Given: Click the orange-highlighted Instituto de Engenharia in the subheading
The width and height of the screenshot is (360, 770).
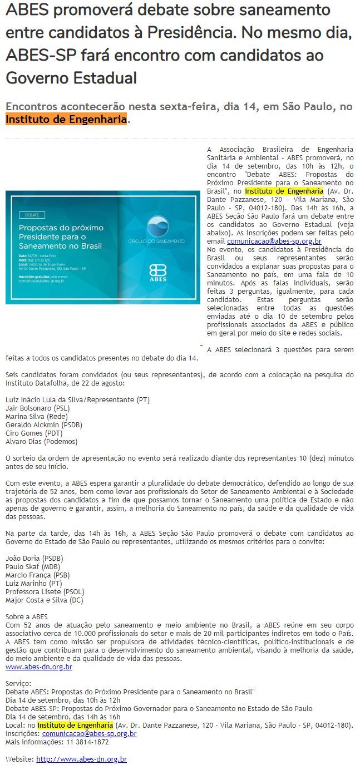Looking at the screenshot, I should coord(66,119).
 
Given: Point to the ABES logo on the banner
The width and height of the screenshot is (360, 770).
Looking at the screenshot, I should coord(157,274).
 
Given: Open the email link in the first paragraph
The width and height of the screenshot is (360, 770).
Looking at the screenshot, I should coord(274,241).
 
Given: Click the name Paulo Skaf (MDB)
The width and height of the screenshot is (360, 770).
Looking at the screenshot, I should coord(33,566).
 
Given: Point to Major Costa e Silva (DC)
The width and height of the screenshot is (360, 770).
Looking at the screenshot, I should coord(45,600).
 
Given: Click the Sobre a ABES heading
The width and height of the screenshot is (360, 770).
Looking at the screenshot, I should coord(27,616).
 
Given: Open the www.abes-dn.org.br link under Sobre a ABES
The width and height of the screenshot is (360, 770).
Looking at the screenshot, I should coord(39,667).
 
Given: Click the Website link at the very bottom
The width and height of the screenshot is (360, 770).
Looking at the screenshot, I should coord(81,759).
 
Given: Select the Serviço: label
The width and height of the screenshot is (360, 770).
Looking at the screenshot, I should coord(19,683).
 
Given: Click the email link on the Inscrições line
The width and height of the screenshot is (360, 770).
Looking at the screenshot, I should coord(89,733).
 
